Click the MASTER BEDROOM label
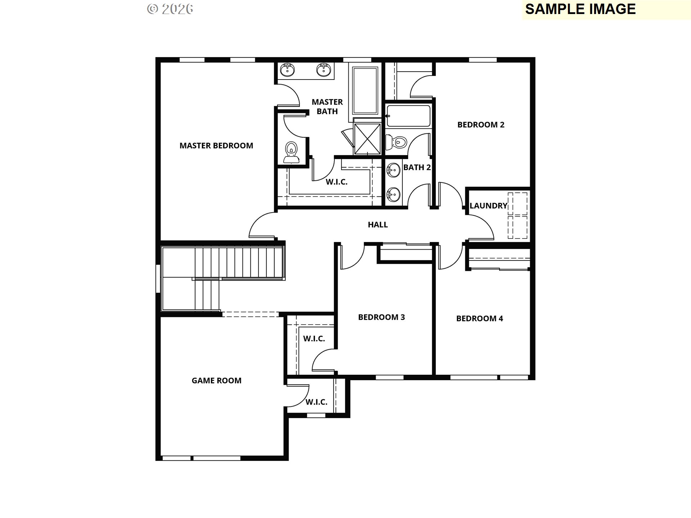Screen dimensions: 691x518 [216, 146]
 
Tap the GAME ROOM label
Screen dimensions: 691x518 [216, 381]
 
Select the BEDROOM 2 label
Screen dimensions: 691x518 [481, 125]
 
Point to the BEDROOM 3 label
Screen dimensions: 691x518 [381, 317]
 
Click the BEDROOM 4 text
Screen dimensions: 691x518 [479, 318]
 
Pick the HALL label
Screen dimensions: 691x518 [378, 225]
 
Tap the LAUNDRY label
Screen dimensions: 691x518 [488, 206]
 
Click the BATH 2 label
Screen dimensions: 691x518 [417, 167]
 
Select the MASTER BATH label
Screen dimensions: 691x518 [327, 107]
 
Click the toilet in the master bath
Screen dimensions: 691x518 [291, 152]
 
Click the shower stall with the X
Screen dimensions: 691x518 [367, 138]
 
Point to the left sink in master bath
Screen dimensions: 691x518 [287, 70]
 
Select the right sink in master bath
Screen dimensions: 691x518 [323, 70]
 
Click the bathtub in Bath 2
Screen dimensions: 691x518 [408, 116]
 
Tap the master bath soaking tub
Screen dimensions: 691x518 [365, 90]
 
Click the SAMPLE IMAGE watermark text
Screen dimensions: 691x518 [580, 9]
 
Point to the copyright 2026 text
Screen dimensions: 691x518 [170, 9]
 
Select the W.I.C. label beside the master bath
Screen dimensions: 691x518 [337, 182]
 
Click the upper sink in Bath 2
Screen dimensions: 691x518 [393, 169]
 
